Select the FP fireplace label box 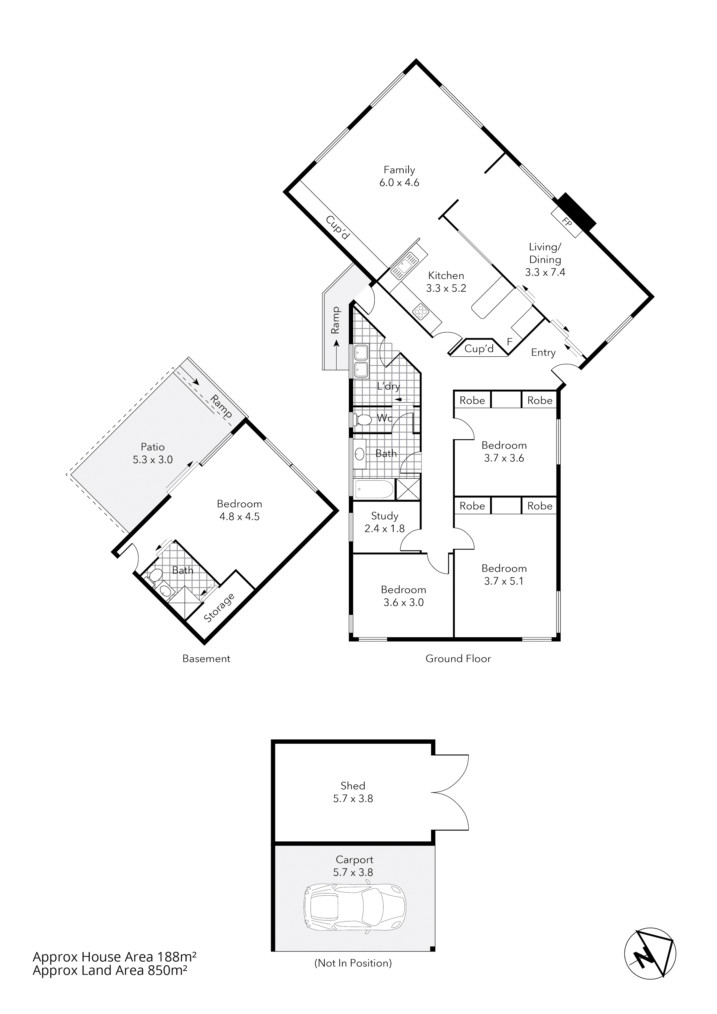coord(567,222)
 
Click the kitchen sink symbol coord(406,265)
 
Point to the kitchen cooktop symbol coord(420,312)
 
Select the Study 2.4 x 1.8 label coord(384,522)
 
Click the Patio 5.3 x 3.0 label coord(152,453)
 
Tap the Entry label coord(543,352)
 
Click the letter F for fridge coord(509,341)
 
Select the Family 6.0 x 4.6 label coord(399,176)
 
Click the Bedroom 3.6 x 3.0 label coord(403,596)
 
